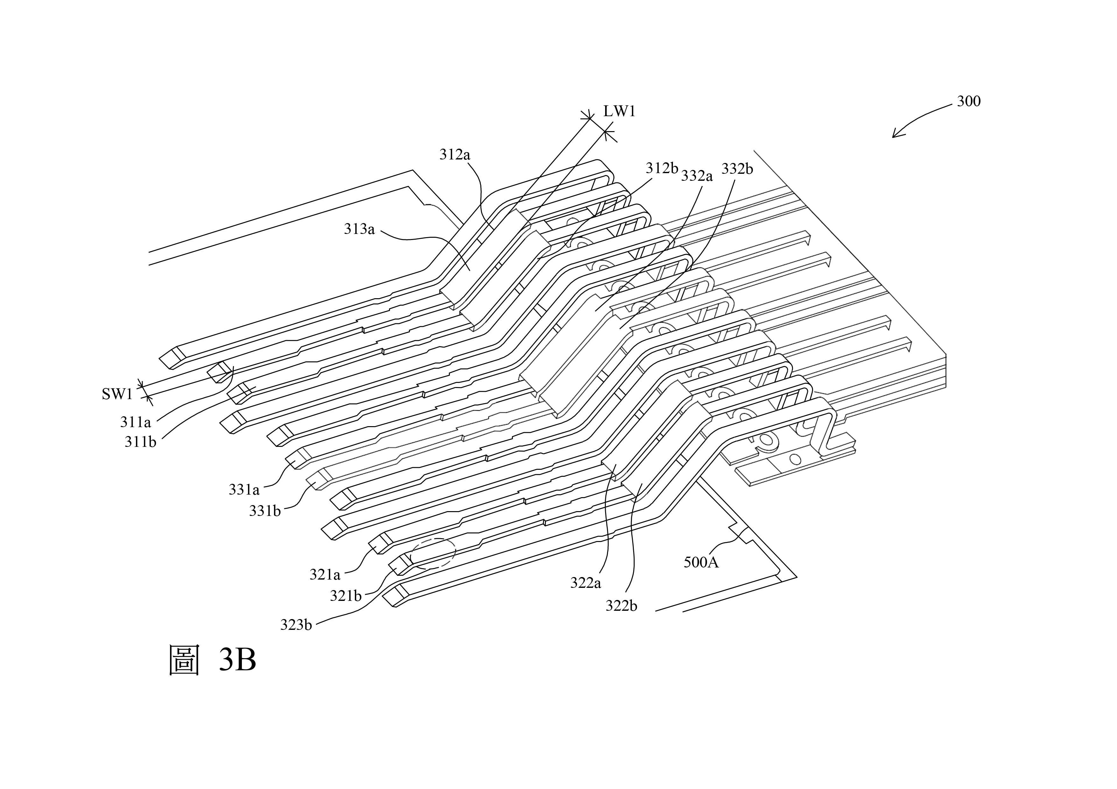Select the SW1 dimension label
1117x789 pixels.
[x=117, y=394]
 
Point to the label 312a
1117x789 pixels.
[x=455, y=155]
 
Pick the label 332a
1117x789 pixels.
[x=697, y=176]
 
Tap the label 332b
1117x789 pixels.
[x=737, y=168]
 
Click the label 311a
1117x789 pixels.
[x=136, y=422]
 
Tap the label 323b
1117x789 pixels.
[x=296, y=624]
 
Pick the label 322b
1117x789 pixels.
[x=621, y=606]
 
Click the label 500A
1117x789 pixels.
[x=701, y=562]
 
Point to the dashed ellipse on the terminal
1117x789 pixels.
[x=433, y=553]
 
